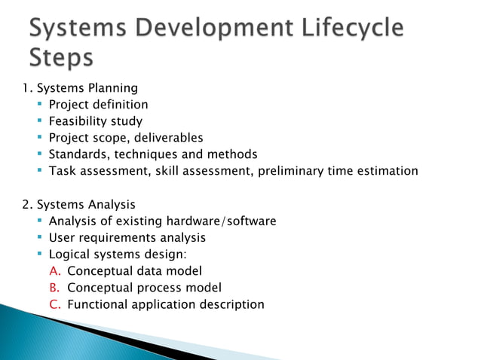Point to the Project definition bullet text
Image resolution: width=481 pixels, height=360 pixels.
(x=98, y=105)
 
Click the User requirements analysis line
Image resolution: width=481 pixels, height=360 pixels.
(x=127, y=237)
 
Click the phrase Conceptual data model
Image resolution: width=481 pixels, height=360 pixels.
(x=134, y=271)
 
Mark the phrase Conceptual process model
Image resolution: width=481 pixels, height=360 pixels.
(x=144, y=288)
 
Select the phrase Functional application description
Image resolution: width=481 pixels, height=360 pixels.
(x=166, y=304)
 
